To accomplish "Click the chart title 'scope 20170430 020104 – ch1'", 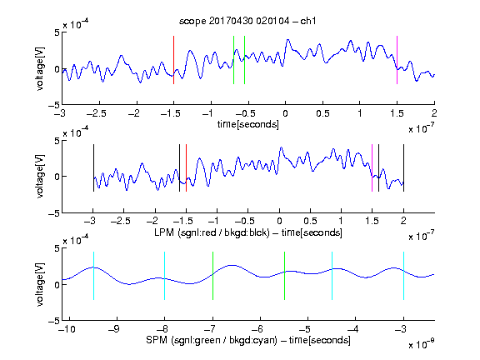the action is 247,21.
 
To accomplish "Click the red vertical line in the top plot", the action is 173,60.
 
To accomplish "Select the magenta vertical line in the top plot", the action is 397,60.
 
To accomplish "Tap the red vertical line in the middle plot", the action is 186,168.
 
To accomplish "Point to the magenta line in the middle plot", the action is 372,168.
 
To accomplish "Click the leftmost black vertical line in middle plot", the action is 93,168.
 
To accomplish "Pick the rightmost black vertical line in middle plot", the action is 403,168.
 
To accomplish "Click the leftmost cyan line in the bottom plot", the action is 93,276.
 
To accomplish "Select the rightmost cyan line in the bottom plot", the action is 403,276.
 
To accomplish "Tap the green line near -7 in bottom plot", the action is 212,276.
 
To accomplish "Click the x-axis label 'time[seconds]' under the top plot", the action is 248,124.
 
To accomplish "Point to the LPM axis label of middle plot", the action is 248,232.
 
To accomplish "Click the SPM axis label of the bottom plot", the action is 248,340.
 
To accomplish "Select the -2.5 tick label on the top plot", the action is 97,113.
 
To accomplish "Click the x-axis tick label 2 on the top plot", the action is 434,113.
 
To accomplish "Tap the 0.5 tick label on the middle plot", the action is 310,221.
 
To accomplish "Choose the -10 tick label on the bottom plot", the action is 67,329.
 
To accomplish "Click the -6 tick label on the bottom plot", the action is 257,329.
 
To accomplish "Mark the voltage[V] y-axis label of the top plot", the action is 40,68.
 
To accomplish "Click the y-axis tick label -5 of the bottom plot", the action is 53,321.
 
